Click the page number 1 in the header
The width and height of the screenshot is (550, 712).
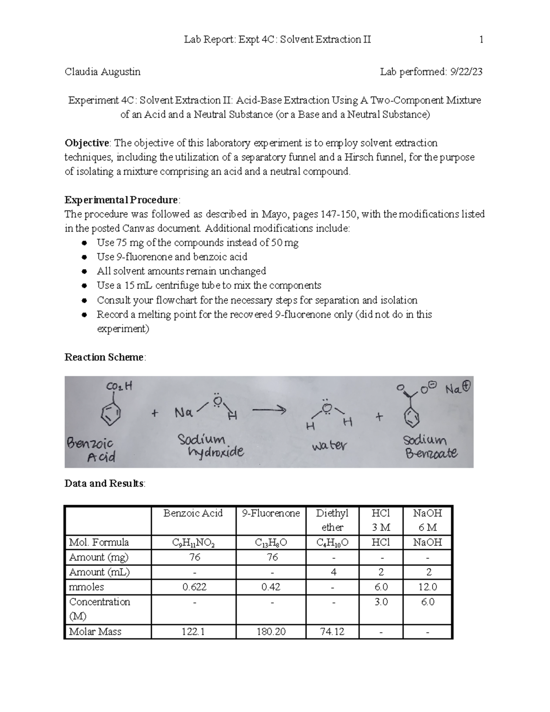coord(481,39)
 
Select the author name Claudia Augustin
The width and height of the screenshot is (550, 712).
coord(103,72)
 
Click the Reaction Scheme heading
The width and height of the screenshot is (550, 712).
coord(104,357)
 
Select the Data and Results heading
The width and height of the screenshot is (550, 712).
coord(104,483)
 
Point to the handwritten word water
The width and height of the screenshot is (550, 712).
coord(329,445)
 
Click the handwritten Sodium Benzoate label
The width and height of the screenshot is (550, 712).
coord(429,447)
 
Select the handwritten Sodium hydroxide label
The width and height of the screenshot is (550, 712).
coord(210,446)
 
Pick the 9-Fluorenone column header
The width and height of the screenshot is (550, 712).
coord(271,513)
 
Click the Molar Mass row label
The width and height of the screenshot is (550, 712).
coord(95,631)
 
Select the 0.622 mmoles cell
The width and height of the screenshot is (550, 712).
coord(193,587)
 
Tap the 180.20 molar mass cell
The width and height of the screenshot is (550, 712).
coord(271,631)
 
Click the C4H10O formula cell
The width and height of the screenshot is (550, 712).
coord(332,542)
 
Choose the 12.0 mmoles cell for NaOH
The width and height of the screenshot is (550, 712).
coord(427,587)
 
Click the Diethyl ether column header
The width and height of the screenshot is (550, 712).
coord(332,520)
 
